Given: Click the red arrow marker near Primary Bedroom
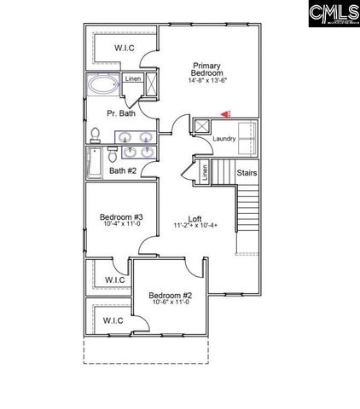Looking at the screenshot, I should [x=225, y=112].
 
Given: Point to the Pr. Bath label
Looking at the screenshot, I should [x=120, y=113].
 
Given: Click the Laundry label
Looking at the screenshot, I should [x=224, y=138].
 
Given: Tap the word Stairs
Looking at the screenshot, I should [x=247, y=173].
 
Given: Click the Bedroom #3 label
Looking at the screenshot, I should [x=120, y=217].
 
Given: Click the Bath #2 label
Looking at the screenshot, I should [x=123, y=170].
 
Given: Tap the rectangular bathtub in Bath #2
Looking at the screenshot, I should [x=92, y=162].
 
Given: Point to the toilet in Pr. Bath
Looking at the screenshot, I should [x=96, y=135].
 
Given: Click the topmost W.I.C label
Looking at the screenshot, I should [x=125, y=49].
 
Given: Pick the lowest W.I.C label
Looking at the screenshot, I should [x=113, y=320].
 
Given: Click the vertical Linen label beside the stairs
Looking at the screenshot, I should [x=205, y=172].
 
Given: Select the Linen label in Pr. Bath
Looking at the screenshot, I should [x=133, y=79].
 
